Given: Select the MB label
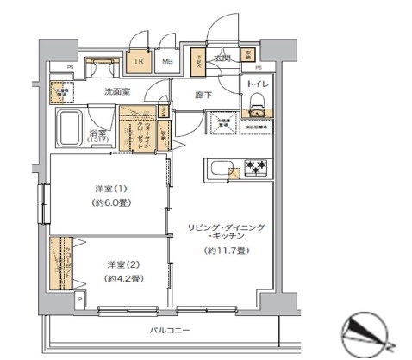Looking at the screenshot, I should pyautogui.click(x=169, y=61).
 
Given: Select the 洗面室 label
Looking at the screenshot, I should pyautogui.click(x=117, y=91).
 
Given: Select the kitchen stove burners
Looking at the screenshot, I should pyautogui.click(x=257, y=166).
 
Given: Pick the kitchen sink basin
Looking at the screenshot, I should pyautogui.click(x=217, y=167).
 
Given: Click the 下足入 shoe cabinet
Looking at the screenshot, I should pyautogui.click(x=197, y=59).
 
